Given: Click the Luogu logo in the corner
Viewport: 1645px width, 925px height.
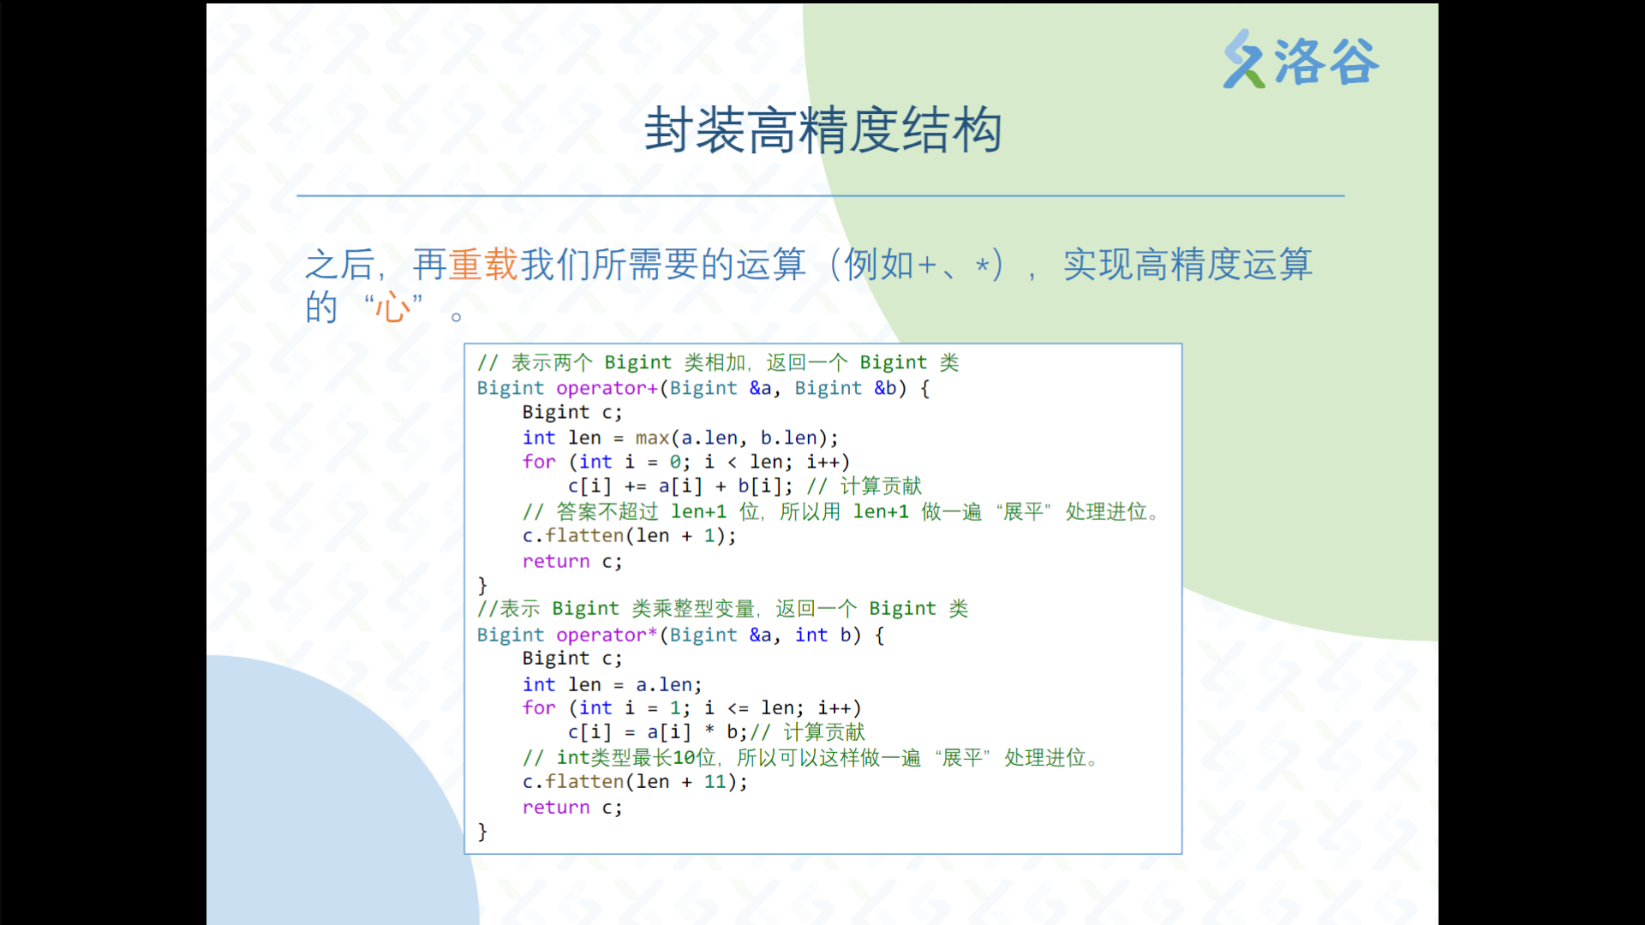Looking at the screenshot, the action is pyautogui.click(x=1301, y=60).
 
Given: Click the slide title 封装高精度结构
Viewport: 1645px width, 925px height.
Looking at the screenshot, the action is pyautogui.click(x=822, y=130).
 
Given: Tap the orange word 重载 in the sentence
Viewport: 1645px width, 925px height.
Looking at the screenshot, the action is pyautogui.click(x=483, y=264).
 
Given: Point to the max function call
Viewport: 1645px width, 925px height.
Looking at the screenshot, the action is pyautogui.click(x=652, y=438).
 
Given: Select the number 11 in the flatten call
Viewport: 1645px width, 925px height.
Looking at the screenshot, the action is pyautogui.click(x=715, y=782).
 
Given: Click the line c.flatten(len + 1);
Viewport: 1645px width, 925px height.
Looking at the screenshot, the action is pyautogui.click(x=630, y=536).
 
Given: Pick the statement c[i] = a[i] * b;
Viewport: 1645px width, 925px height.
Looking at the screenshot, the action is pyautogui.click(x=658, y=732).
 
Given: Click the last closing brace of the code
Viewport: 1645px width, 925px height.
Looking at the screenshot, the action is pyautogui.click(x=482, y=832).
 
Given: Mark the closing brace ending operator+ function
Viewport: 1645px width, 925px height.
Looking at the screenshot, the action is pyautogui.click(x=482, y=586).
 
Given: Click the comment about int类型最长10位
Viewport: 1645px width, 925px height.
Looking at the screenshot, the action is pyautogui.click(x=811, y=758).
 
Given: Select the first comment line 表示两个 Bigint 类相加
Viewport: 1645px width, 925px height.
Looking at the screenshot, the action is pyautogui.click(x=718, y=363).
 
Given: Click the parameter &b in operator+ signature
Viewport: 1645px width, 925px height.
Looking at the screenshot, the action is pyautogui.click(x=885, y=388).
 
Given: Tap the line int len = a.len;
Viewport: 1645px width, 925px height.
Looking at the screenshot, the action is pyautogui.click(x=613, y=684).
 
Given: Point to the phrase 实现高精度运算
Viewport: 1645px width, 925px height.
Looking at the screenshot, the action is pyautogui.click(x=1187, y=264).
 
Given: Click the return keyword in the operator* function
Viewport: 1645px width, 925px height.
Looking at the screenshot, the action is pyautogui.click(x=556, y=808).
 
